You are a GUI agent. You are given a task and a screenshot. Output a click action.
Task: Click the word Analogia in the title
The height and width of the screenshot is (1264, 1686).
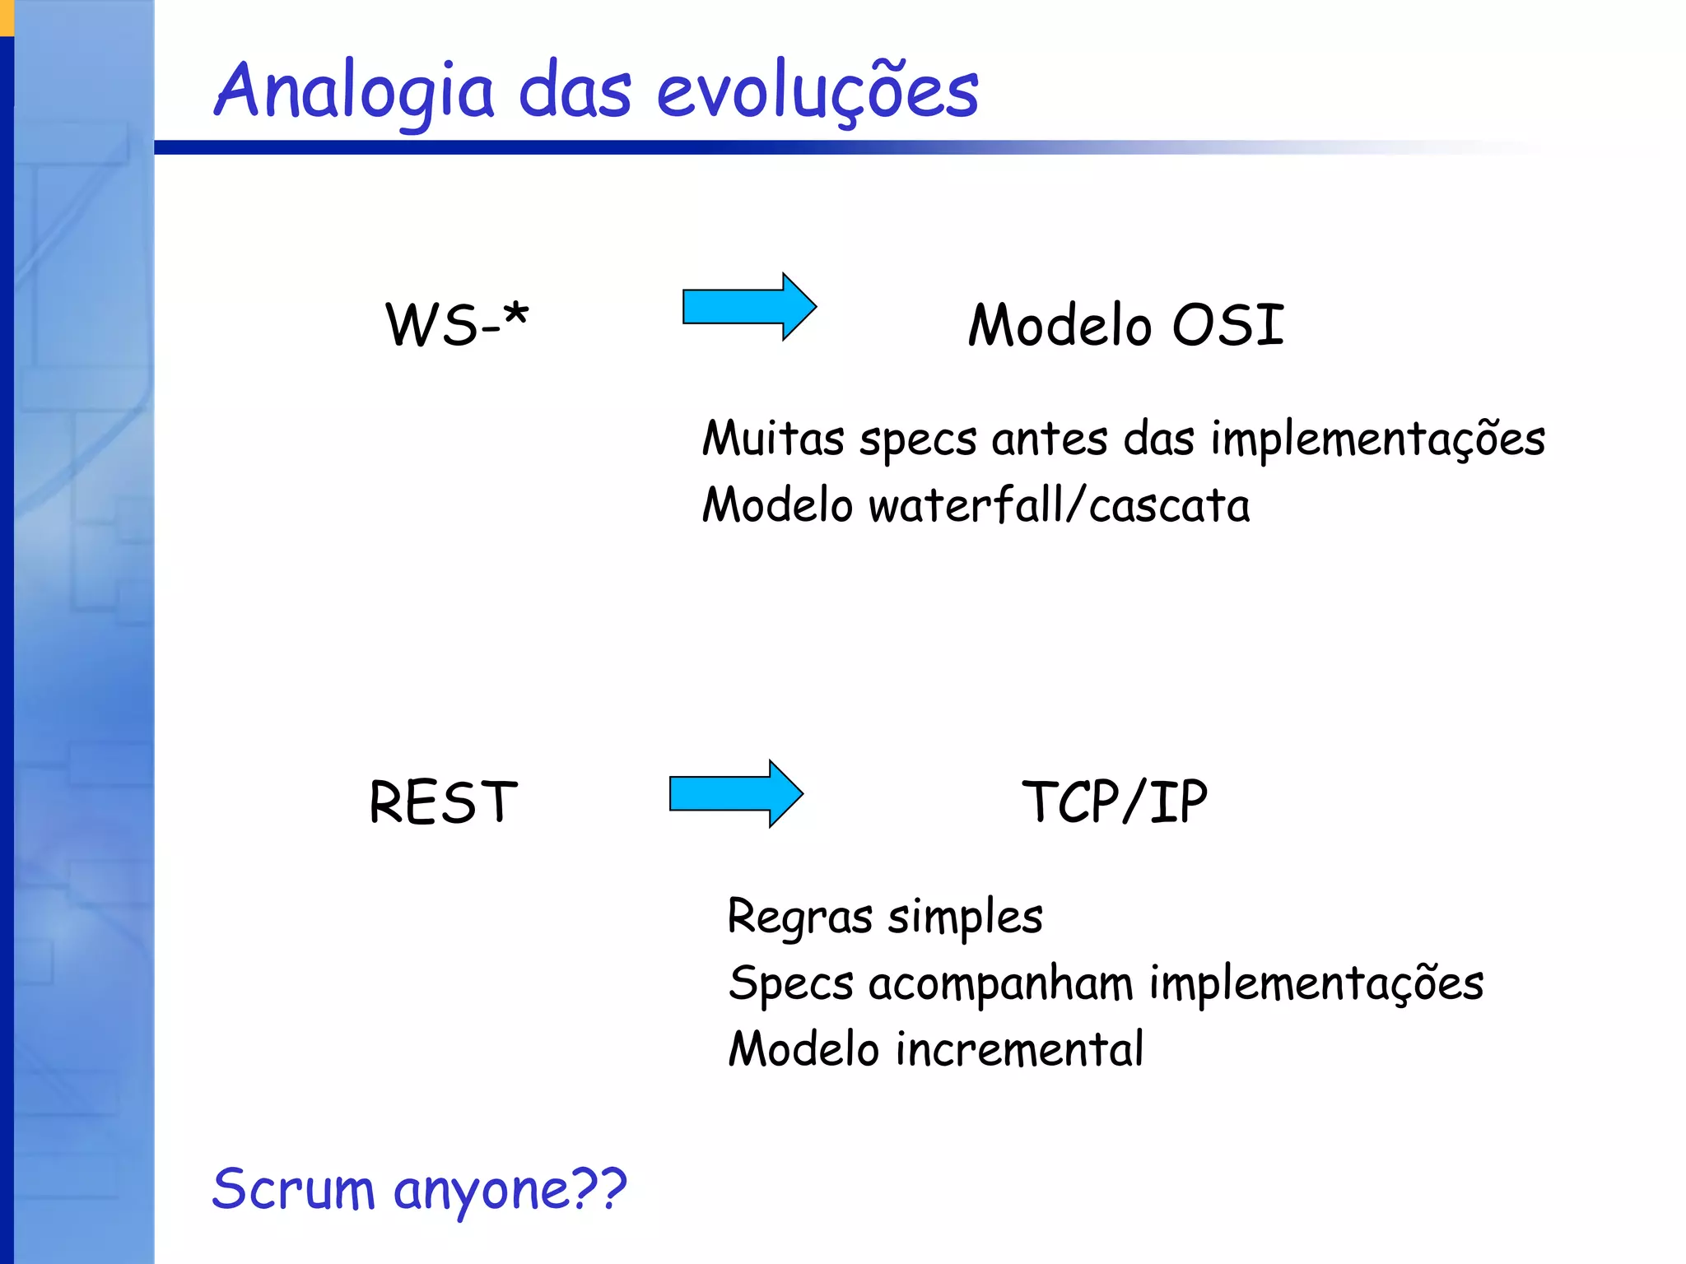pyautogui.click(x=354, y=92)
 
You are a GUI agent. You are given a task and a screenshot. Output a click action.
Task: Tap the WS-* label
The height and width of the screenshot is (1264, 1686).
pyautogui.click(x=457, y=324)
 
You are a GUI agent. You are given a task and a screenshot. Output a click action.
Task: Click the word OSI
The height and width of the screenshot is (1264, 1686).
pyautogui.click(x=1227, y=324)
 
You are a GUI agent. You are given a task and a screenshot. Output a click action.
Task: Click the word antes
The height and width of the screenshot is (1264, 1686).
pyautogui.click(x=1049, y=438)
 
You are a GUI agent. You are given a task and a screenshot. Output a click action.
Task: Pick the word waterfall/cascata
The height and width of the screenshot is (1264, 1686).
pyautogui.click(x=1059, y=504)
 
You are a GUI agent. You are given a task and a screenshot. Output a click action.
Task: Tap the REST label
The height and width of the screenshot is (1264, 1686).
pyautogui.click(x=443, y=802)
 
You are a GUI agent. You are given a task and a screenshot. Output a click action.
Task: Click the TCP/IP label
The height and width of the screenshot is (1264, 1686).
pyautogui.click(x=1114, y=802)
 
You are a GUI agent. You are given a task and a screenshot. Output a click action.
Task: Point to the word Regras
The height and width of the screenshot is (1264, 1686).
pyautogui.click(x=799, y=918)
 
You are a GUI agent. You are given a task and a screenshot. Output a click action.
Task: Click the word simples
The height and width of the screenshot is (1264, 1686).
pyautogui.click(x=965, y=918)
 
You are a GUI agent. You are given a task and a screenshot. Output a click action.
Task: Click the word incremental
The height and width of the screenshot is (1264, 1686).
pyautogui.click(x=1019, y=1049)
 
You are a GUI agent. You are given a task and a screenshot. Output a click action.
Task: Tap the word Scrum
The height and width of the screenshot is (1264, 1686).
pyautogui.click(x=293, y=1189)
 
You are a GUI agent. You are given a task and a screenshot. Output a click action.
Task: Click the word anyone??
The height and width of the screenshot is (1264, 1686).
pyautogui.click(x=510, y=1191)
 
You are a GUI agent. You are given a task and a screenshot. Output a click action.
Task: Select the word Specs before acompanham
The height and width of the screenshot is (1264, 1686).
pyautogui.click(x=791, y=984)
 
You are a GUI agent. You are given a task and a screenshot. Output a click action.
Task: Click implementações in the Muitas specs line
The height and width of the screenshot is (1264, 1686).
pyautogui.click(x=1377, y=439)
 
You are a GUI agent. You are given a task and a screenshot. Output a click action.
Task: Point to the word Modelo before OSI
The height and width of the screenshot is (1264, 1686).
pyautogui.click(x=1059, y=324)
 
